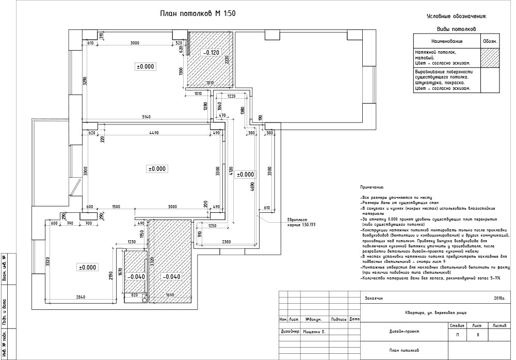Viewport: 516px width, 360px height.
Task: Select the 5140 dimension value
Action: (x=146, y=118)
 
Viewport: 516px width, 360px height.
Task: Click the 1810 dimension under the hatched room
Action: (x=210, y=83)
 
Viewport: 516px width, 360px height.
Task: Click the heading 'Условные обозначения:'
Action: (x=457, y=17)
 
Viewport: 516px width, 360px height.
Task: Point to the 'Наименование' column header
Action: (x=446, y=41)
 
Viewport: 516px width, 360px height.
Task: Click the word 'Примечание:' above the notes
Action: (x=373, y=187)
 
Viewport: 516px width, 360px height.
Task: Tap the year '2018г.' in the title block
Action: (x=499, y=298)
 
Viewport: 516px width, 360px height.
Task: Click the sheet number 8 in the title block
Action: (x=478, y=335)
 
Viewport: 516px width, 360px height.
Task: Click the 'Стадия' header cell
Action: (x=457, y=326)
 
